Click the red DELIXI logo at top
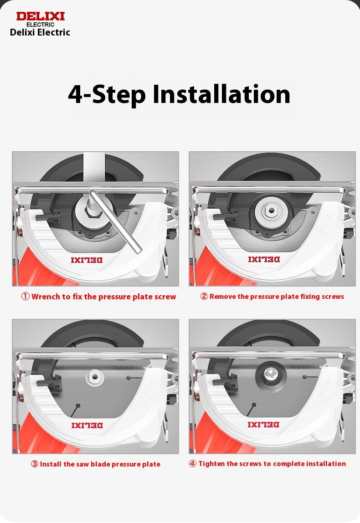point(40,16)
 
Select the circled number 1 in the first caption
point(26,297)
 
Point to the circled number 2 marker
point(204,296)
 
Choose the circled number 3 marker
point(35,464)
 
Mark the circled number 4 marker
point(192,464)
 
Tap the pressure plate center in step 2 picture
point(271,210)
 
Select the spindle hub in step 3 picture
point(95,377)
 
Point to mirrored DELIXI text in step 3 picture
point(87,425)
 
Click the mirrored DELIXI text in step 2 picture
point(264,259)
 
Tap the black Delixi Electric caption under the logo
point(40,32)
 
